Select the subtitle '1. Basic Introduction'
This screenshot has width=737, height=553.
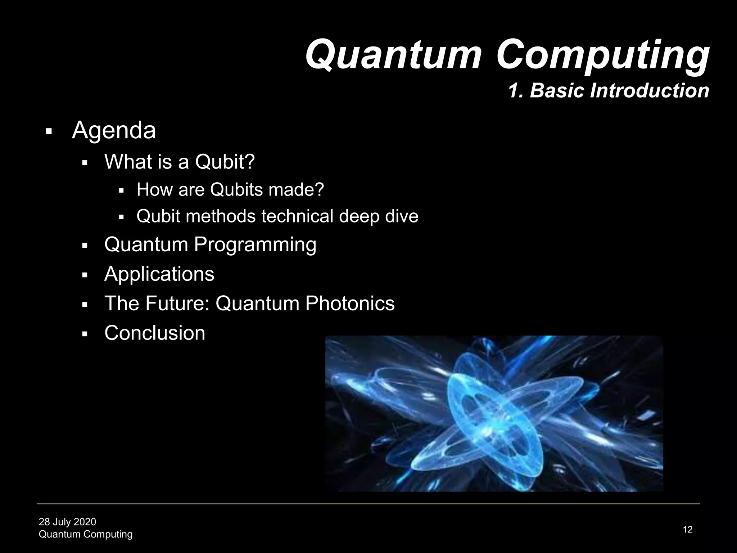tap(608, 90)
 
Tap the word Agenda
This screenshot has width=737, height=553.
tap(114, 130)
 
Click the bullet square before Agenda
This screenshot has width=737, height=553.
tap(49, 131)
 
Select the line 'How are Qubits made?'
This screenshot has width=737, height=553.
tap(230, 189)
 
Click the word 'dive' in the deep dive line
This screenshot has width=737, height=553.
tap(402, 216)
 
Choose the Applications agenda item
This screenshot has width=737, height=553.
tap(159, 274)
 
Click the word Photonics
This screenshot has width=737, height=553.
tap(350, 303)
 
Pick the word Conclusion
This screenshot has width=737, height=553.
tap(155, 333)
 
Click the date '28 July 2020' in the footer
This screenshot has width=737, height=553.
tap(67, 522)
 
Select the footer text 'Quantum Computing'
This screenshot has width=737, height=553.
tap(85, 534)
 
